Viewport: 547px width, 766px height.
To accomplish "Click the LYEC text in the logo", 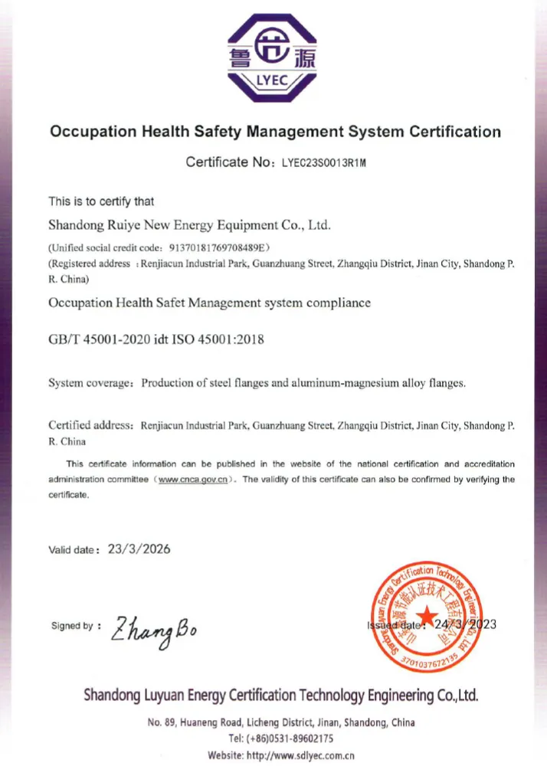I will point(273,79).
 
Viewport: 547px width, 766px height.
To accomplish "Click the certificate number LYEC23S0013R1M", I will point(325,162).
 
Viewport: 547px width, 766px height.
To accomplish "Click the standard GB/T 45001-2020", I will point(98,339).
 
